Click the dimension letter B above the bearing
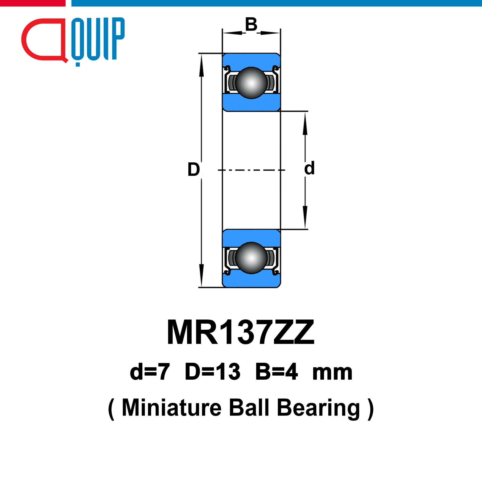tap(251, 24)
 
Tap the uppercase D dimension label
tap(194, 169)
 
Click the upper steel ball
tap(251, 83)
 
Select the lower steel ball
tap(251, 258)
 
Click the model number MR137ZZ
tap(241, 332)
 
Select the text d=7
tap(150, 372)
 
